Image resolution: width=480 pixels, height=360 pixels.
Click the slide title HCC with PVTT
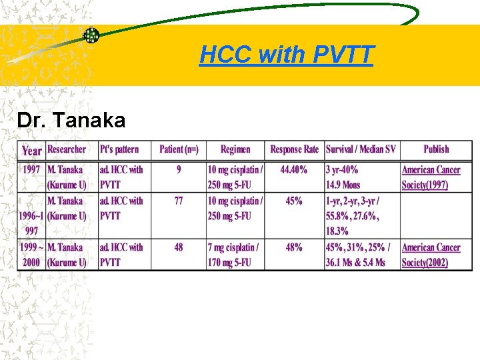pyautogui.click(x=286, y=55)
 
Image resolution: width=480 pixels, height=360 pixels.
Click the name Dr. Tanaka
pyautogui.click(x=71, y=121)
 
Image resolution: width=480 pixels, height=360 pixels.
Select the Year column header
pyautogui.click(x=32, y=150)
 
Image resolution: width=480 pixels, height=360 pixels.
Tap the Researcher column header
pyautogui.click(x=67, y=149)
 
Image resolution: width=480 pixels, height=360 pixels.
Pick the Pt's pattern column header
pyautogui.click(x=119, y=149)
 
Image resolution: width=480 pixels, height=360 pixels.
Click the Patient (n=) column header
pyautogui.click(x=179, y=149)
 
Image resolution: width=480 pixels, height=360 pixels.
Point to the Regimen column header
pyautogui.click(x=235, y=149)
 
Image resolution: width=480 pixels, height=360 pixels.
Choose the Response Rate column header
pyautogui.click(x=294, y=149)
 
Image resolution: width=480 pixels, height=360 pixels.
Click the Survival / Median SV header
pyautogui.click(x=361, y=149)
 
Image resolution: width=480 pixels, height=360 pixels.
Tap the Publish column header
pyautogui.click(x=436, y=149)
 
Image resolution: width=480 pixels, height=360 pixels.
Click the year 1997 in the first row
pyautogui.click(x=32, y=169)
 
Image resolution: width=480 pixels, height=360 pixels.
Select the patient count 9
pyautogui.click(x=179, y=169)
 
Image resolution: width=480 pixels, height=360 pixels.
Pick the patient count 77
pyautogui.click(x=179, y=200)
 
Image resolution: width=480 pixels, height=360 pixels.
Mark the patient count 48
pyautogui.click(x=179, y=247)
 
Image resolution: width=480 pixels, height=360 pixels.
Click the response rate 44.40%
pyautogui.click(x=294, y=169)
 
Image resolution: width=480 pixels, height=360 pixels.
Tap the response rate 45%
pyautogui.click(x=294, y=200)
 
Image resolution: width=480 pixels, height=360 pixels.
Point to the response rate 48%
pyautogui.click(x=294, y=247)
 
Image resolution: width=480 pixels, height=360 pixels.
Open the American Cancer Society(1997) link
pyautogui.click(x=431, y=177)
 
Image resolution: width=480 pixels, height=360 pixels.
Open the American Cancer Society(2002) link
pyautogui.click(x=431, y=255)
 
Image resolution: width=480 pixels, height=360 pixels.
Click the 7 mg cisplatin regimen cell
pyautogui.click(x=235, y=255)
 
